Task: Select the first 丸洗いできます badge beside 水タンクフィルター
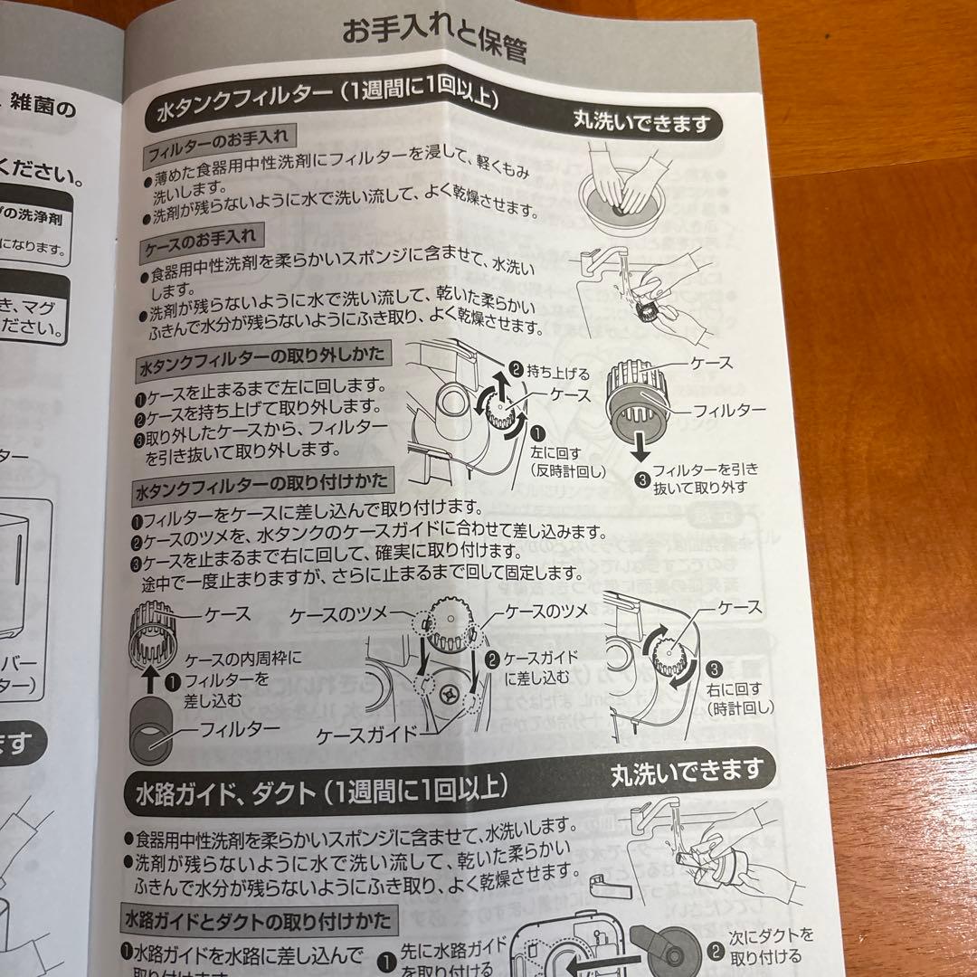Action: (x=642, y=124)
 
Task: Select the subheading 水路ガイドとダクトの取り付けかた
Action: (x=258, y=922)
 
